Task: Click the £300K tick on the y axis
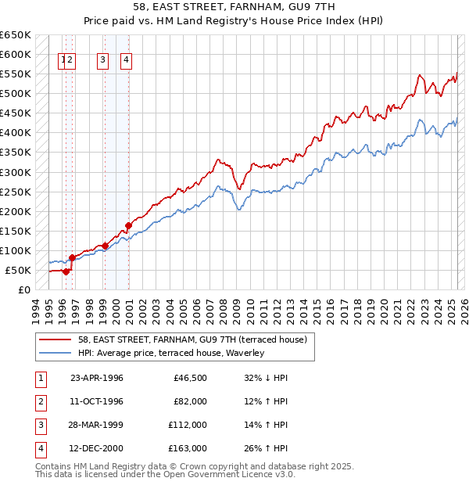click(x=15, y=172)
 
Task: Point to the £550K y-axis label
click(x=15, y=74)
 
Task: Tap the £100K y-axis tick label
click(x=15, y=250)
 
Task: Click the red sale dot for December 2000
click(x=128, y=225)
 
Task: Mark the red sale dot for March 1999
click(x=105, y=246)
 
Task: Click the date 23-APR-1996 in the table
click(x=97, y=378)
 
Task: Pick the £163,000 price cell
click(x=188, y=448)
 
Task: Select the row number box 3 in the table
click(x=40, y=425)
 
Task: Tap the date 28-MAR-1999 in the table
click(x=97, y=425)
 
